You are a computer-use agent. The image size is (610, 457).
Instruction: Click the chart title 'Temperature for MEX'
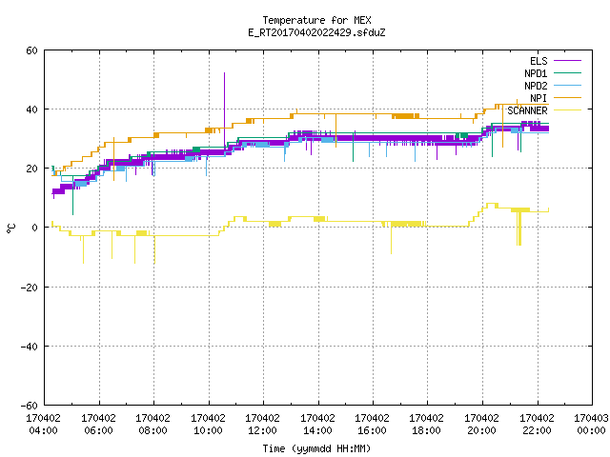pos(316,20)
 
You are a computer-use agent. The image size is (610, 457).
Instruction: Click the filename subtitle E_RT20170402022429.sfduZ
pos(316,32)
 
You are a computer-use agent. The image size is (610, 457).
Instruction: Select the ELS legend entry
pos(555,61)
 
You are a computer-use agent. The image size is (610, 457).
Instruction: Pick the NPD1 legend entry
pos(553,73)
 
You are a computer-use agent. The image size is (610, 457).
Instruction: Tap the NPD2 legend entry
pos(553,86)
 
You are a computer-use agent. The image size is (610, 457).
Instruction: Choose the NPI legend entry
pos(555,98)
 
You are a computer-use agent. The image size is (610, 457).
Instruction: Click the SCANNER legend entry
pos(544,110)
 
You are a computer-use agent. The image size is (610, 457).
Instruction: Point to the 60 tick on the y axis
pos(31,50)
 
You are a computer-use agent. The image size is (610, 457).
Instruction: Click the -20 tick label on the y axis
pos(30,288)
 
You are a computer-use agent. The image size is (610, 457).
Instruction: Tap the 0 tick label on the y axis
pos(35,228)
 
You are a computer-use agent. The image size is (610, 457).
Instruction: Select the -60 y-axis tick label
pos(30,406)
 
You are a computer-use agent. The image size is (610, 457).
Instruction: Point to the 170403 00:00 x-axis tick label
pos(591,425)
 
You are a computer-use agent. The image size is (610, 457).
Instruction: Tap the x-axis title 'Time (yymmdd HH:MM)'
pos(316,448)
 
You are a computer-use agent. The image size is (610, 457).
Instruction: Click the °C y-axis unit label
pos(10,228)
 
